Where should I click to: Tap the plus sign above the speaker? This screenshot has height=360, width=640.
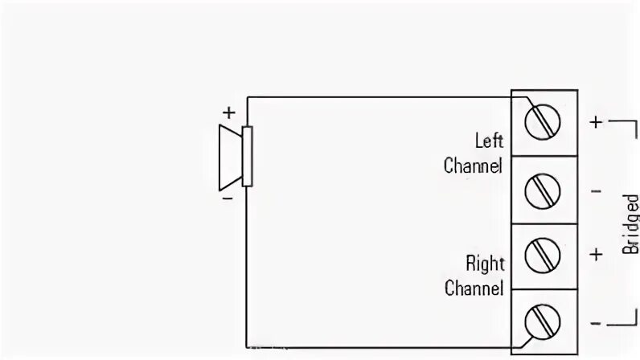point(228,112)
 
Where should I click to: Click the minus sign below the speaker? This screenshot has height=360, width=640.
point(228,196)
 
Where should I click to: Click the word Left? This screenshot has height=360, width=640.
point(488,141)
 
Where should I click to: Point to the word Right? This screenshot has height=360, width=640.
point(484,263)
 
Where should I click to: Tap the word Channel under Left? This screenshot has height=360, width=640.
point(474,166)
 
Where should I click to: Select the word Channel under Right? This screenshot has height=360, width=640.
point(474,288)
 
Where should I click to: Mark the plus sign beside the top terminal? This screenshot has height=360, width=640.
point(596,122)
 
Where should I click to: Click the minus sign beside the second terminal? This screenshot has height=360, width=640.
point(596,191)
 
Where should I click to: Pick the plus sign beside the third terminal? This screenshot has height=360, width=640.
point(596,255)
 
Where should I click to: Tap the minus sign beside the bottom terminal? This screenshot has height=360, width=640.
point(596,323)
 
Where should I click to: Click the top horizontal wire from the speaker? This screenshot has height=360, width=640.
point(378,97)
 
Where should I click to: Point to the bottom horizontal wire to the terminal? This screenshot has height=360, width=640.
point(378,351)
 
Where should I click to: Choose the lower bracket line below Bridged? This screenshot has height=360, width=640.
point(624,324)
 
